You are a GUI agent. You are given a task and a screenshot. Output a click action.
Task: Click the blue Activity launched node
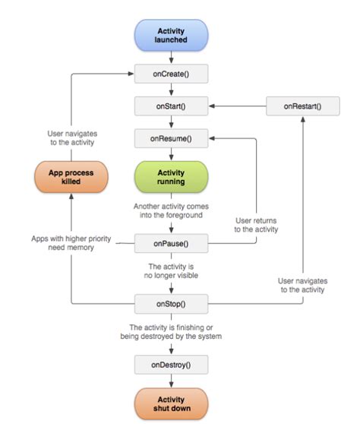pos(171,36)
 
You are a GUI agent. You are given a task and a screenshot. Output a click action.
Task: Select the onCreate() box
pos(171,74)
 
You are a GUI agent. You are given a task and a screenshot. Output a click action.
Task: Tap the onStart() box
pos(171,106)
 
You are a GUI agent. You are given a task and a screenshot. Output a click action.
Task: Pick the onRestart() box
pos(302,106)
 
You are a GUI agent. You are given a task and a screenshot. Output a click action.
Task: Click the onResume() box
pos(171,138)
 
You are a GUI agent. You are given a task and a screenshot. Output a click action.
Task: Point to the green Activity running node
pos(171,177)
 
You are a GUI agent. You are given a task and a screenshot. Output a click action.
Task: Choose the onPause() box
pos(171,244)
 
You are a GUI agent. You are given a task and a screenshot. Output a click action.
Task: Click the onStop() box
pos(171,304)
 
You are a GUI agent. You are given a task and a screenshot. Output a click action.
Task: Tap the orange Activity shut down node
pos(171,403)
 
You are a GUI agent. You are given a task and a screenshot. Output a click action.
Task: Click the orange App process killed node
pos(70,177)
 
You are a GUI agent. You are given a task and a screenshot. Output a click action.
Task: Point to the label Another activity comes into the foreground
pos(171,210)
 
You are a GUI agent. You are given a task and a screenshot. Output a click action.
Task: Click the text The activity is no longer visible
pos(171,271)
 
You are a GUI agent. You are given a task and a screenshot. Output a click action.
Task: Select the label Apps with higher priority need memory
pos(71,242)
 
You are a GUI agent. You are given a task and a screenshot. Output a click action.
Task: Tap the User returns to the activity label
pos(255,224)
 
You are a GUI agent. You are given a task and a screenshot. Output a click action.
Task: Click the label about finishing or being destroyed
pos(171,331)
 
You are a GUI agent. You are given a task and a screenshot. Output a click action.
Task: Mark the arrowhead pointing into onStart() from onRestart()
pos(211,106)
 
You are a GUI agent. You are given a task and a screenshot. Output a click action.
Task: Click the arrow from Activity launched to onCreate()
pos(171,58)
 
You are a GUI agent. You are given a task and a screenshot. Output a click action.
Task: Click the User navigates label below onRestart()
pos(302,284)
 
